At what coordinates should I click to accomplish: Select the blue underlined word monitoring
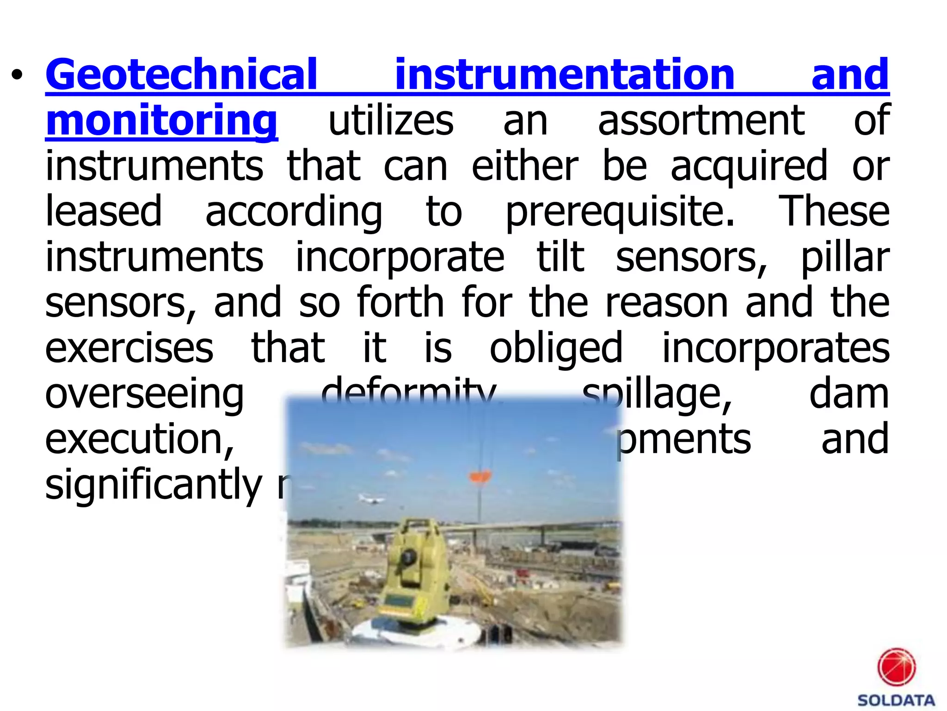[x=162, y=120]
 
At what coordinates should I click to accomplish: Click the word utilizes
[x=391, y=120]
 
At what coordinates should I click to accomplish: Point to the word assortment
[x=701, y=120]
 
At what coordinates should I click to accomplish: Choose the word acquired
[x=749, y=166]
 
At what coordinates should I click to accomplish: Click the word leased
[x=104, y=211]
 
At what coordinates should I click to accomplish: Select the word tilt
[x=560, y=256]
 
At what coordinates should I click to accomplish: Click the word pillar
[x=845, y=256]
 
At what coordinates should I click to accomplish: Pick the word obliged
[x=556, y=348]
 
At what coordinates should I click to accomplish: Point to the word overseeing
[x=144, y=393]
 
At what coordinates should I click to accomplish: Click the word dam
[x=849, y=393]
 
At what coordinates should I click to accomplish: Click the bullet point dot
[x=17, y=75]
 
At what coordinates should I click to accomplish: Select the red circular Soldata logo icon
[x=896, y=667]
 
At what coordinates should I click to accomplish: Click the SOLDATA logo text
[x=896, y=700]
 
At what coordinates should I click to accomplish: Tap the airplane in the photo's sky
[x=371, y=499]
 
